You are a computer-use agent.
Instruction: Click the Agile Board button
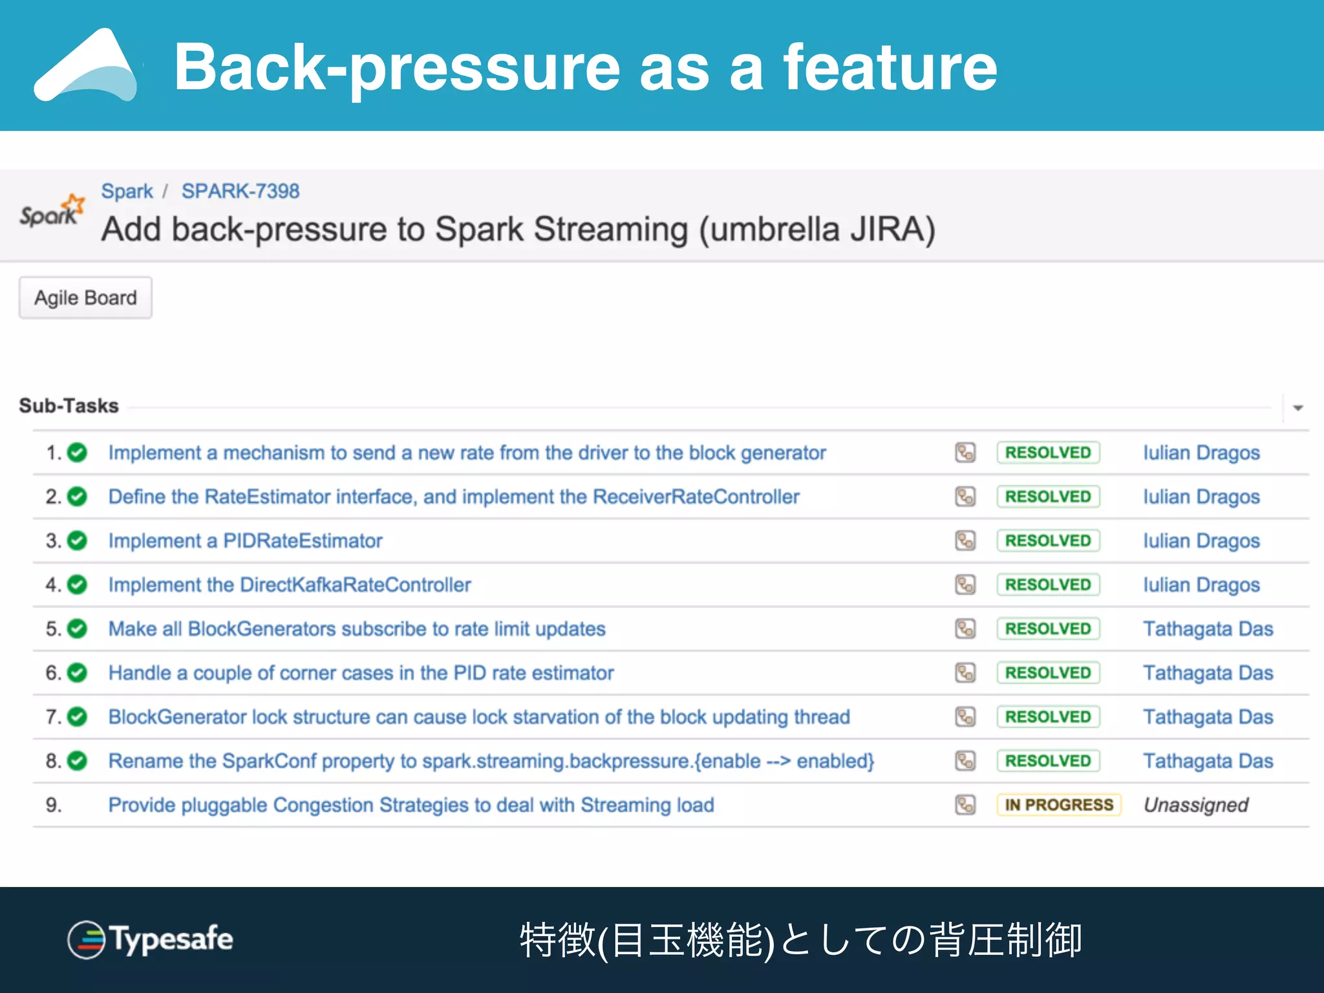pyautogui.click(x=85, y=298)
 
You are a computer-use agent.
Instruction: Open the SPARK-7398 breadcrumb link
pyautogui.click(x=240, y=191)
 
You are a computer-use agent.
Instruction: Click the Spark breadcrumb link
pyautogui.click(x=127, y=191)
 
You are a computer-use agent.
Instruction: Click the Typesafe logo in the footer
pyautogui.click(x=150, y=939)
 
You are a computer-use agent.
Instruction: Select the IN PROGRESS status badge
pyautogui.click(x=1058, y=805)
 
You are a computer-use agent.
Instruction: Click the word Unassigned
pyautogui.click(x=1195, y=805)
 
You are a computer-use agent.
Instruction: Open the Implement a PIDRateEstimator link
pyautogui.click(x=245, y=540)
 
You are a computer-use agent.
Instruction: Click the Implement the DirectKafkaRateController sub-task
pyautogui.click(x=289, y=584)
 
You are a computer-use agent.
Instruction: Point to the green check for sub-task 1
pyautogui.click(x=78, y=453)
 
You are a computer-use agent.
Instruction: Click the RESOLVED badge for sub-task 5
pyautogui.click(x=1047, y=628)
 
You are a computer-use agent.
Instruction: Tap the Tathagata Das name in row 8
pyautogui.click(x=1208, y=761)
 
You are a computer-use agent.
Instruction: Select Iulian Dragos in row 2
pyautogui.click(x=1201, y=496)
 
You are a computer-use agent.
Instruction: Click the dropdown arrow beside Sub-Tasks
pyautogui.click(x=1297, y=408)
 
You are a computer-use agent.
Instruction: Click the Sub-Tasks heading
pyautogui.click(x=69, y=406)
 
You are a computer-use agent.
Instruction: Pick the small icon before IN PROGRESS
pyautogui.click(x=965, y=805)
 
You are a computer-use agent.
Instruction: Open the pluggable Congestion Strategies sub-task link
pyautogui.click(x=411, y=805)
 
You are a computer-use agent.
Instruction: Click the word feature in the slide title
pyautogui.click(x=890, y=67)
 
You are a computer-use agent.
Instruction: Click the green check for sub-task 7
pyautogui.click(x=78, y=717)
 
